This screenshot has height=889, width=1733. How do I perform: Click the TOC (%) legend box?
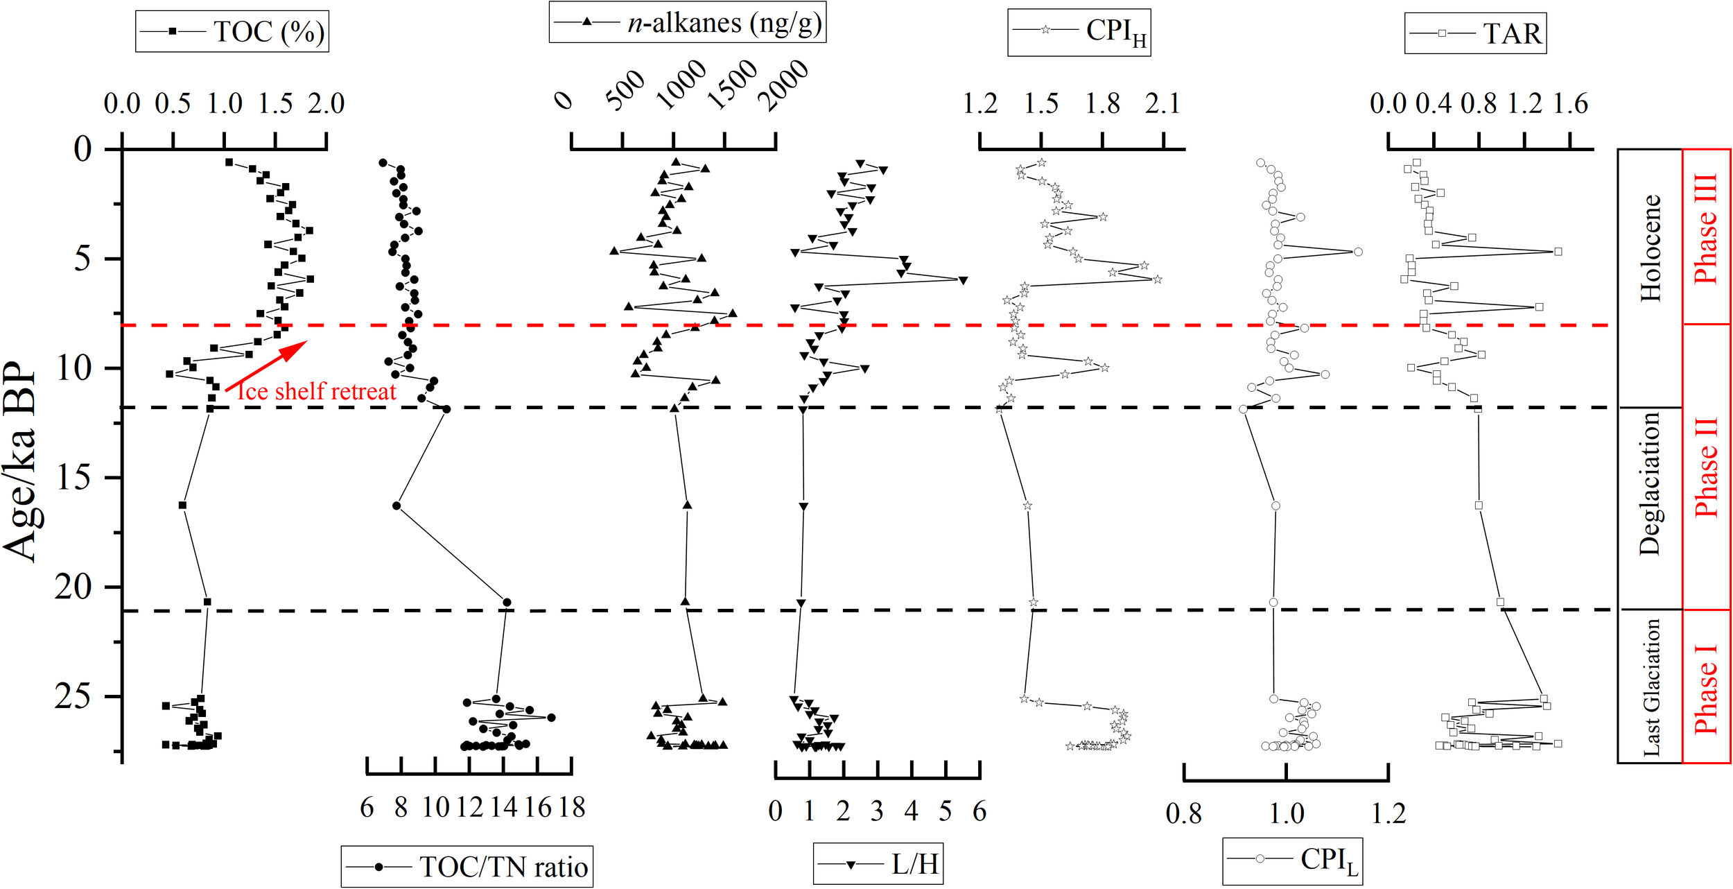click(x=232, y=32)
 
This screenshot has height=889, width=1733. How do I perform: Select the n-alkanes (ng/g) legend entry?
click(x=687, y=23)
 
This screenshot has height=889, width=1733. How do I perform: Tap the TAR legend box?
click(x=1474, y=33)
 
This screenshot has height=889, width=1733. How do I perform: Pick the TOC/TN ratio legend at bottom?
click(x=467, y=867)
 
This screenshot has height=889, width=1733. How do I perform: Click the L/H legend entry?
click(x=878, y=864)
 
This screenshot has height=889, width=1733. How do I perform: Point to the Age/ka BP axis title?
click(x=21, y=461)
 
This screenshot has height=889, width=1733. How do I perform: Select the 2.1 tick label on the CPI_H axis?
click(x=1162, y=104)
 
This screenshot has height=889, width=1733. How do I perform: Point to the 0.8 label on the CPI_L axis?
click(x=1183, y=813)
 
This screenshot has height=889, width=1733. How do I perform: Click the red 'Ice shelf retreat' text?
click(x=317, y=392)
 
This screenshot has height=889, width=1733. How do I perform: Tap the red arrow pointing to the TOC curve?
click(x=267, y=366)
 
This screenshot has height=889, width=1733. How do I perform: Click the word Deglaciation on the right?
click(x=1649, y=483)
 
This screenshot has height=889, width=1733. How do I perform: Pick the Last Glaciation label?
click(x=1651, y=687)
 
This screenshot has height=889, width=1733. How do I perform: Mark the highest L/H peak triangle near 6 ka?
click(x=962, y=280)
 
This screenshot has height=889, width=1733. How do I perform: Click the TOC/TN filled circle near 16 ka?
click(x=397, y=506)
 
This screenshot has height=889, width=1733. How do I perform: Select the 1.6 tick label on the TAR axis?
click(x=1569, y=104)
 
